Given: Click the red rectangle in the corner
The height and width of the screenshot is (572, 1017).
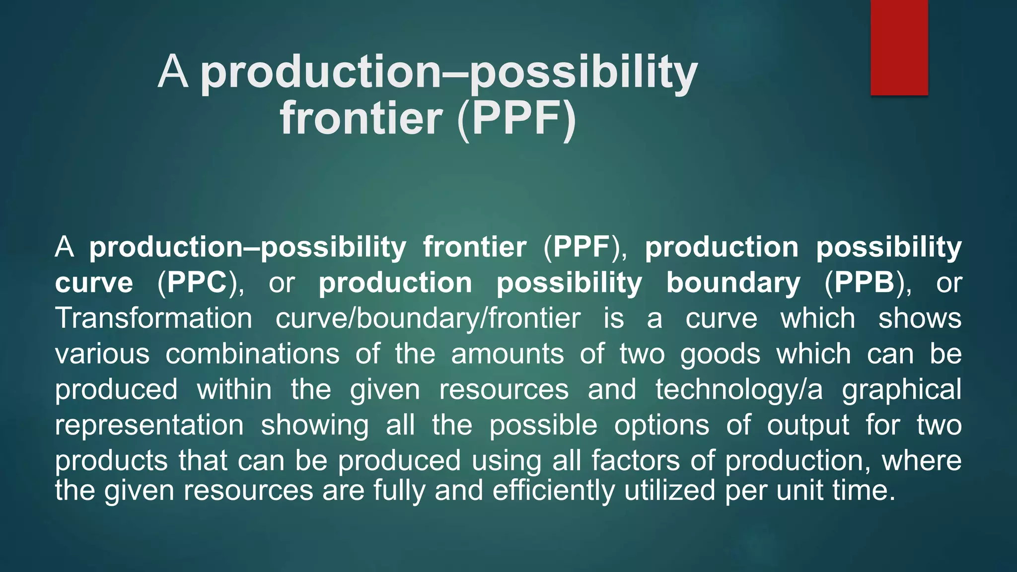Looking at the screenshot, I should (899, 47).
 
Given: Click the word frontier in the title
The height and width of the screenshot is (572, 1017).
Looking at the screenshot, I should (361, 118).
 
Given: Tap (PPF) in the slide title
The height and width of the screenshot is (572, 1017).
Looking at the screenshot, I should (516, 118).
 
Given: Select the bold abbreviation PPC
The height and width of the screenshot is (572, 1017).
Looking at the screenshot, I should (197, 283).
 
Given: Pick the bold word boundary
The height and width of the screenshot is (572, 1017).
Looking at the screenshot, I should (733, 283).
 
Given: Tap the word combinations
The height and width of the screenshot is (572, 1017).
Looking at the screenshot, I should (252, 354).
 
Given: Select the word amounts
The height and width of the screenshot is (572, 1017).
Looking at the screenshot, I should (507, 354).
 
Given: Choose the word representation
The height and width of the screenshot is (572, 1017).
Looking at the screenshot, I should (149, 426).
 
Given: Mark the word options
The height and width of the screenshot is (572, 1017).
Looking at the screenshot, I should (661, 426).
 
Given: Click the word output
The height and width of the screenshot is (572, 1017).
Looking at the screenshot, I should (808, 426).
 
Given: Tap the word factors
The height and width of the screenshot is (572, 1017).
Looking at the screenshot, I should (635, 460).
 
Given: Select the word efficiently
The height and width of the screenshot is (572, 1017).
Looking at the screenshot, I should (554, 490).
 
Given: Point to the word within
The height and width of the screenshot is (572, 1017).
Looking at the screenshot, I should (234, 389).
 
